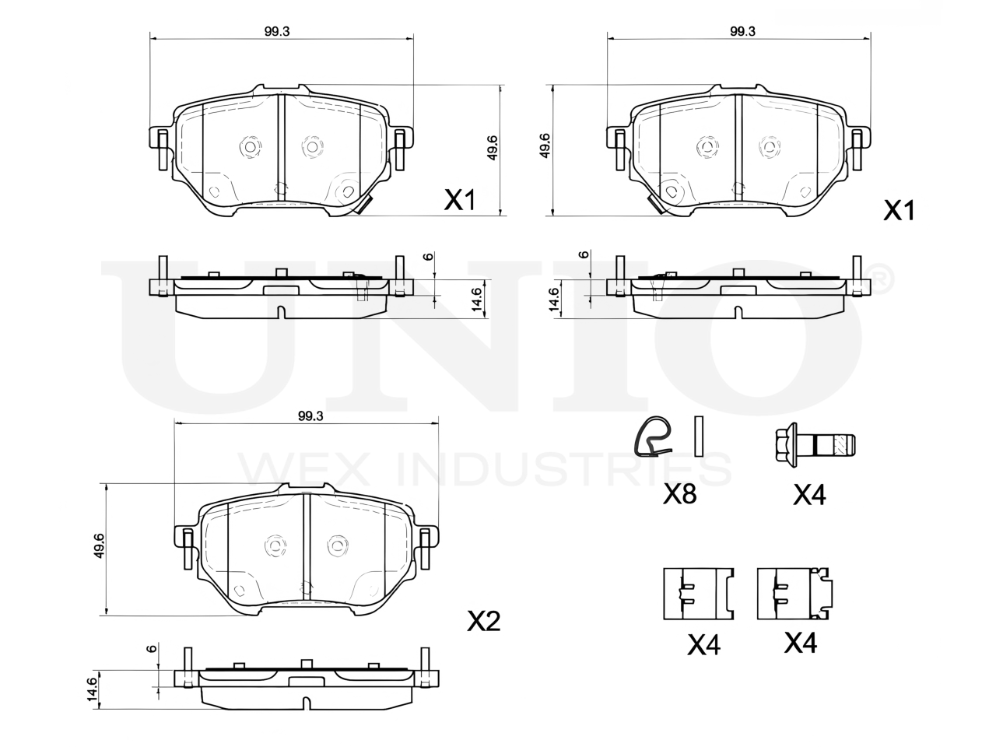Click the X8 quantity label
coord(679,494)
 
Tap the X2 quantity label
coord(484,621)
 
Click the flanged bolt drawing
coord(814,445)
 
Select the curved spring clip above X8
coord(653,436)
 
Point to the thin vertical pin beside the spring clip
coord(699,436)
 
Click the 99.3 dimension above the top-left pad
coord(277,31)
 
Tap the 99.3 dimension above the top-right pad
coord(742,31)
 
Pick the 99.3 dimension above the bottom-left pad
coord(310,416)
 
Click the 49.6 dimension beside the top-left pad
coord(493,147)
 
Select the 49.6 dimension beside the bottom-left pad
coord(100,545)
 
